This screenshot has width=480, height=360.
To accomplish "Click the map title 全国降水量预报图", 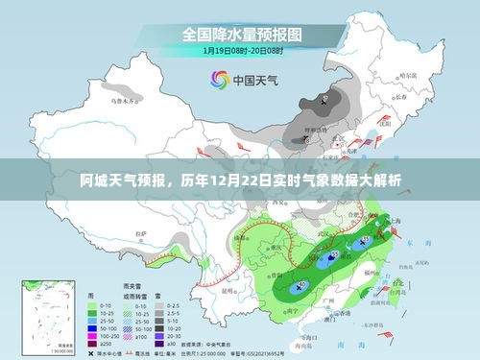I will point(239,34).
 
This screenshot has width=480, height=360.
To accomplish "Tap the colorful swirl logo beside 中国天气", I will point(219,81).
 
